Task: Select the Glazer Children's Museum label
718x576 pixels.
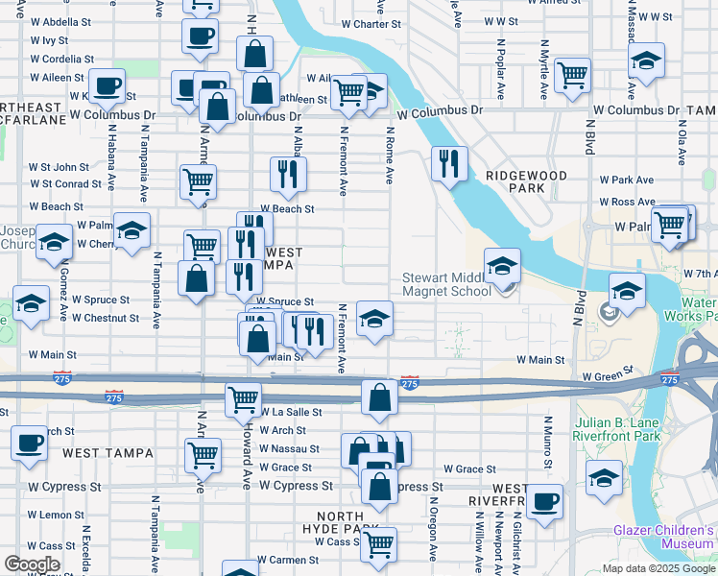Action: coord(665,537)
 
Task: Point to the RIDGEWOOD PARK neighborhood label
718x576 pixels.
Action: coord(526,182)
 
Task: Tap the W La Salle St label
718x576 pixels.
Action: coord(292,412)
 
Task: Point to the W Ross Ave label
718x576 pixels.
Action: coord(629,202)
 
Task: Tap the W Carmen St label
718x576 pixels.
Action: coord(292,559)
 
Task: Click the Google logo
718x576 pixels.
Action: coord(32,564)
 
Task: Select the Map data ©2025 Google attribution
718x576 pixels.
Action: coord(658,568)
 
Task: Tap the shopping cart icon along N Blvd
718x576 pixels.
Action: coord(572,74)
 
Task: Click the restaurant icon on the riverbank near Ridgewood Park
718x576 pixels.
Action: coord(448,163)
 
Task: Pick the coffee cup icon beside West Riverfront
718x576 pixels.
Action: coord(544,500)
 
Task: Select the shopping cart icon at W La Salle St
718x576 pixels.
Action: coord(243,397)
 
